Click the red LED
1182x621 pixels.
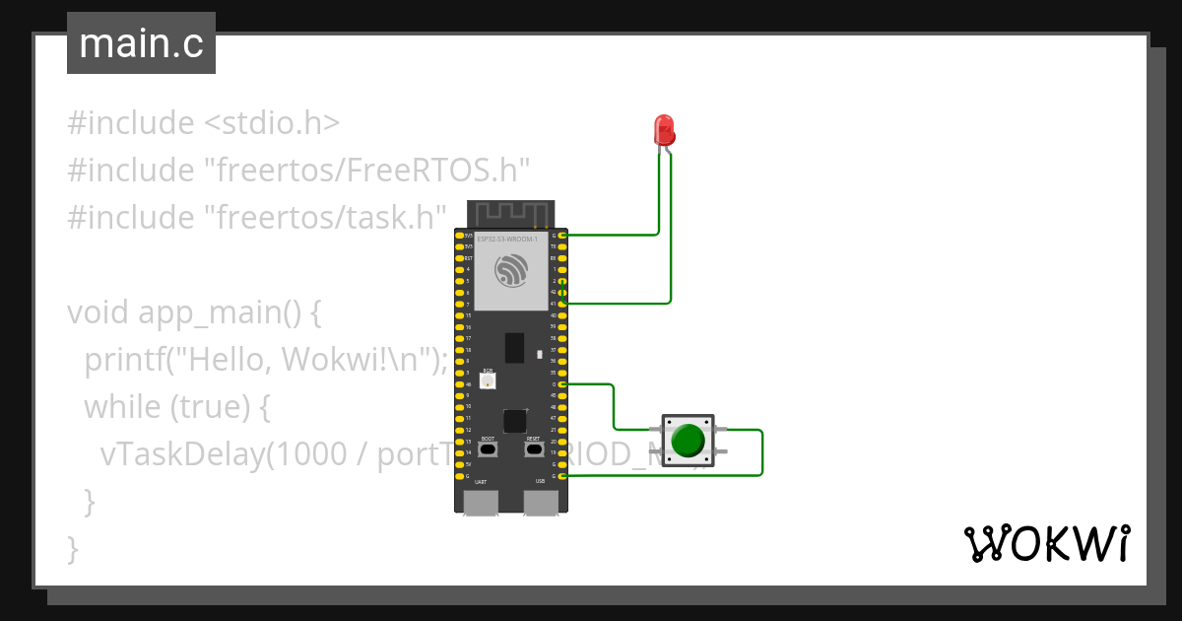click(x=665, y=130)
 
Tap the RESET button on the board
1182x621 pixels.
click(x=534, y=449)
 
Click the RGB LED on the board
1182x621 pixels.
click(x=487, y=380)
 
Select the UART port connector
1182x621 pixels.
click(x=481, y=502)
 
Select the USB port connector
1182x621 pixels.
click(x=540, y=502)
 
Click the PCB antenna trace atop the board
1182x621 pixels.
click(x=510, y=213)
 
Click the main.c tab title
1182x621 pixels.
click(x=141, y=44)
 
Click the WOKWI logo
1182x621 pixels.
click(x=1046, y=544)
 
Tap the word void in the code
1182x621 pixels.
click(x=98, y=313)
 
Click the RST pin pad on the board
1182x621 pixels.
click(x=459, y=257)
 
